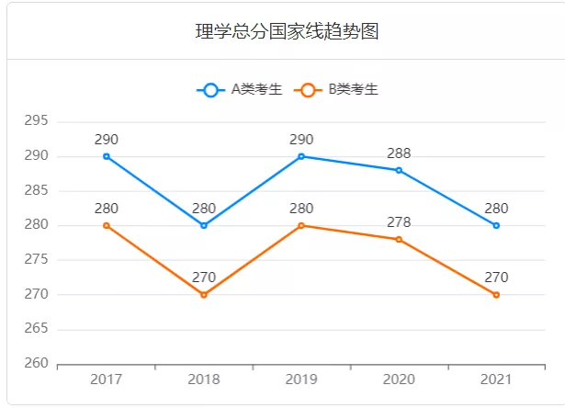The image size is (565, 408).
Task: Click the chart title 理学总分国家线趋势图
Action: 288,32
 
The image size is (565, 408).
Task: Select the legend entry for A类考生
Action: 240,89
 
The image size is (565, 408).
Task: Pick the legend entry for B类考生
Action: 336,89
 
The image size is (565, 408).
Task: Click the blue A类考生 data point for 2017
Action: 107,156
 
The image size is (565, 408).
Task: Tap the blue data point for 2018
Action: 204,225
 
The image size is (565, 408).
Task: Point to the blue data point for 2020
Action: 399,170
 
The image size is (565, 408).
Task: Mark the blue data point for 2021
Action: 496,225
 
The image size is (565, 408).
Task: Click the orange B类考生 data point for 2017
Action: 107,225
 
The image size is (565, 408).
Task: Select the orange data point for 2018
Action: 204,294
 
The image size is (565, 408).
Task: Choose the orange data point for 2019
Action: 301,225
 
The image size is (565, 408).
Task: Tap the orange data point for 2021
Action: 496,294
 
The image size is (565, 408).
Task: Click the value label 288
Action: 399,153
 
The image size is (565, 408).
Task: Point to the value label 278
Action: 399,222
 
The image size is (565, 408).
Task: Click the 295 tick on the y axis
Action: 37,121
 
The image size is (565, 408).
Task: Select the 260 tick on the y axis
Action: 37,364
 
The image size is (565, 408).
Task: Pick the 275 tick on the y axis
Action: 37,260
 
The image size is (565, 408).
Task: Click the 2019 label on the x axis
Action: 301,379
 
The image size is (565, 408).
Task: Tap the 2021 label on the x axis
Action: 496,379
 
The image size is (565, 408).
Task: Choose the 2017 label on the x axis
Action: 107,379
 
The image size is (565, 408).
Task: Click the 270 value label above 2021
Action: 496,278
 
